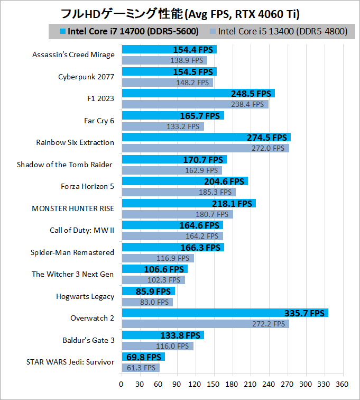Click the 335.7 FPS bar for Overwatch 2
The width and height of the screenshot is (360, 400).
(225, 313)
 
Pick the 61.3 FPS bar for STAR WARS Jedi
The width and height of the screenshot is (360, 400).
(140, 368)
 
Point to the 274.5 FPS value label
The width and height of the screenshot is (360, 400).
(267, 137)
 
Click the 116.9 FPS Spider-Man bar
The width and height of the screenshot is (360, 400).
(158, 258)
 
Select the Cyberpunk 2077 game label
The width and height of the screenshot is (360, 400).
(86, 77)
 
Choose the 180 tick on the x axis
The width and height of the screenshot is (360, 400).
(232, 384)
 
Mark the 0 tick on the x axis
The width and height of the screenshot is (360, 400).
(122, 384)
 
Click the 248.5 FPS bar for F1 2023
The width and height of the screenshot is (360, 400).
(198, 93)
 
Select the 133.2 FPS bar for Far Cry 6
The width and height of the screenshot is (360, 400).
(162, 126)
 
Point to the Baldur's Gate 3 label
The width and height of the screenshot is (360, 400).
(86, 340)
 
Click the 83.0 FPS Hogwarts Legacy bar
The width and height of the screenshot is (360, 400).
(147, 302)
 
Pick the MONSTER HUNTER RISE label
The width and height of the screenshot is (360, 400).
(73, 208)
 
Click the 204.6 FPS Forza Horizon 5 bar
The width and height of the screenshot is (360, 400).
(184, 181)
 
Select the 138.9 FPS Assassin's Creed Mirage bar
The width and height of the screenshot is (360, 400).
(164, 60)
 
